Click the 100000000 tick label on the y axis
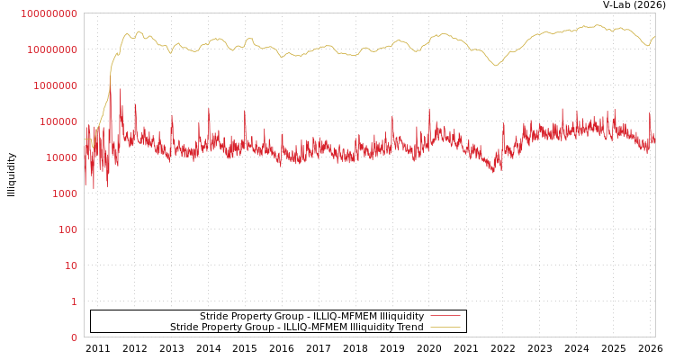pos(49,13)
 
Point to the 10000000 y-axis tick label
pos(51,49)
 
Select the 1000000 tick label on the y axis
pos(55,85)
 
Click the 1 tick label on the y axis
pos(74,301)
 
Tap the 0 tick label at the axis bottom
pos(74,337)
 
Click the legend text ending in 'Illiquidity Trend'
pos(296,327)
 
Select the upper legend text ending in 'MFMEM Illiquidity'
pos(311,316)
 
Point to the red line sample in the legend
pos(445,316)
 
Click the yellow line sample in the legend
pos(445,327)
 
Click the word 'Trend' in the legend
pos(409,327)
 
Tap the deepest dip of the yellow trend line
pos(495,65)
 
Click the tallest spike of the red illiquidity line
pos(120,89)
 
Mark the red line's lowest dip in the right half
pos(492,171)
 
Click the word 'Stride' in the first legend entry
pos(214,316)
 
